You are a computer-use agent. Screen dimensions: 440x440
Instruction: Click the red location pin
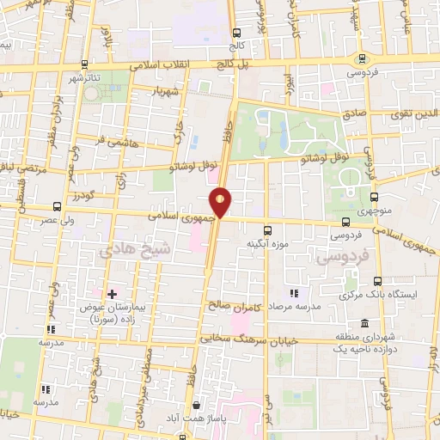point(222,201)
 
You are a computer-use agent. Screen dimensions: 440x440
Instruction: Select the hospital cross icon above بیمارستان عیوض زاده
point(112,294)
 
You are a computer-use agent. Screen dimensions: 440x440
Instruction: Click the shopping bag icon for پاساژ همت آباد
point(197,405)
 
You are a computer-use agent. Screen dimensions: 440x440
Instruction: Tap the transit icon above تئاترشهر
point(83,64)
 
